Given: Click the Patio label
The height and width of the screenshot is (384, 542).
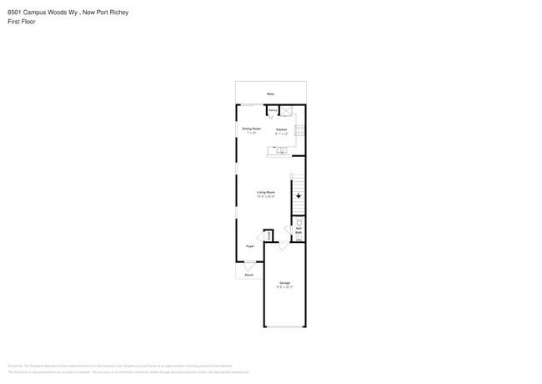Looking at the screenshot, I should [x=270, y=93].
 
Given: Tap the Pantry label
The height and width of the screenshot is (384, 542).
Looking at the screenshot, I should [x=272, y=109].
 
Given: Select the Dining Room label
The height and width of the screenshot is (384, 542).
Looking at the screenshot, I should [x=251, y=129].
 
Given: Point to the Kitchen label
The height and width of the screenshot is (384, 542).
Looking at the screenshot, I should [x=282, y=129].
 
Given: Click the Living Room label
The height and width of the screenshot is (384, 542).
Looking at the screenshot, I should [x=266, y=192].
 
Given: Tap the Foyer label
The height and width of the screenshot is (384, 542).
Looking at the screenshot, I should [x=249, y=246].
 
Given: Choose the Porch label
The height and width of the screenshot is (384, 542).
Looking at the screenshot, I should [x=248, y=275].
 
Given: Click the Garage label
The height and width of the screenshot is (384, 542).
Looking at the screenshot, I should [x=284, y=282].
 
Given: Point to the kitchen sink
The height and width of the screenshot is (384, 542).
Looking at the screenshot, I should [x=281, y=151].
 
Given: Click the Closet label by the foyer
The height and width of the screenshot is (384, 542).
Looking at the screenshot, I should [x=268, y=236].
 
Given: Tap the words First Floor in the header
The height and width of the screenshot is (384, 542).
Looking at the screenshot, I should [x=22, y=22].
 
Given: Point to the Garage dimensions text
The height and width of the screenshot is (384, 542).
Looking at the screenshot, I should [x=284, y=287].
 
